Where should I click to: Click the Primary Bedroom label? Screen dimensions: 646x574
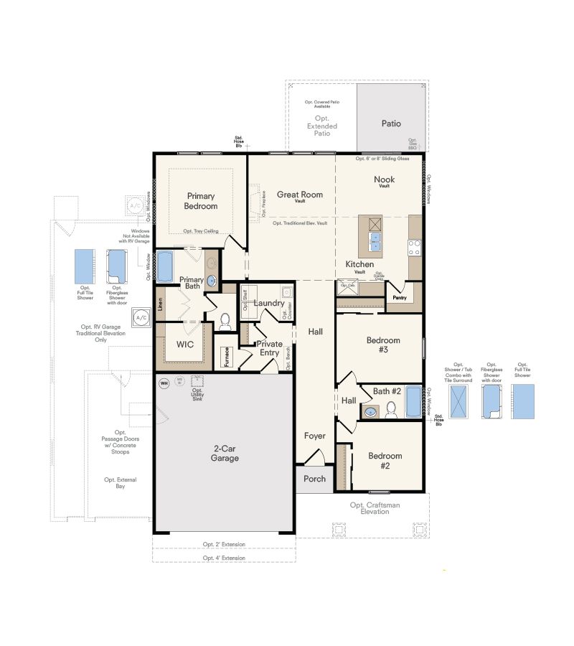tap(202, 200)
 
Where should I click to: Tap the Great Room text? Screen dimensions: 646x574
tap(300, 195)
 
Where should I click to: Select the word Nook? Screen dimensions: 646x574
tap(385, 179)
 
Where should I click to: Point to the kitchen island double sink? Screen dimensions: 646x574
tap(375, 241)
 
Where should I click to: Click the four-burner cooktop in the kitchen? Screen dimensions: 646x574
tap(414, 248)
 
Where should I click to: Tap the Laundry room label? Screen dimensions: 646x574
tap(269, 303)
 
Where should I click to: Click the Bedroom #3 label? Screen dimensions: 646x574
tap(383, 345)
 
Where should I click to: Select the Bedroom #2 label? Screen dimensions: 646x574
tap(385, 460)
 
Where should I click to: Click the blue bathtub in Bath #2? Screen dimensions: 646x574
tap(414, 402)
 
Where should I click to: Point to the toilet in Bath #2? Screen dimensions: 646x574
tap(391, 410)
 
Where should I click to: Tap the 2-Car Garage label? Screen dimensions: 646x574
tap(225, 453)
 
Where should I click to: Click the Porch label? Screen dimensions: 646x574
tap(314, 479)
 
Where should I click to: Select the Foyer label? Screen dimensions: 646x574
tap(314, 436)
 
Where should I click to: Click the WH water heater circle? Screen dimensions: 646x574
tap(163, 383)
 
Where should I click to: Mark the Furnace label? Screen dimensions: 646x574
tap(227, 357)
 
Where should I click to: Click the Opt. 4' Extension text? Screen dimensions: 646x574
tap(224, 557)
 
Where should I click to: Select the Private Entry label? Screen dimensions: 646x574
tap(270, 348)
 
